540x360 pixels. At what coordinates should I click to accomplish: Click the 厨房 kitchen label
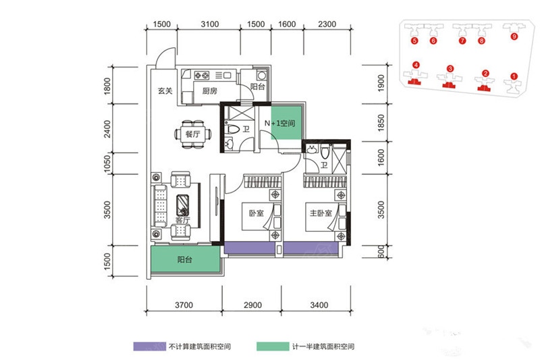click(209, 91)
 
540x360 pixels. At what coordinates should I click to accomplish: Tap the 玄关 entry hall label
click(165, 91)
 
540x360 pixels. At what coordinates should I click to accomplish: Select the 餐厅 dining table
click(193, 134)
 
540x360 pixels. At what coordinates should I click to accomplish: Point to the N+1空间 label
click(279, 123)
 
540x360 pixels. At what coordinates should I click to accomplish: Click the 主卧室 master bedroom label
click(321, 213)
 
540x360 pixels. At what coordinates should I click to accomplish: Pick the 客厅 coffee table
click(182, 205)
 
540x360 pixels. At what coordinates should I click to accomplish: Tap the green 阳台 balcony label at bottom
click(184, 259)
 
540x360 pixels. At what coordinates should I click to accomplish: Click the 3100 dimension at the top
click(209, 24)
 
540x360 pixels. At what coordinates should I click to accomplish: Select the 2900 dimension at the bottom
click(252, 305)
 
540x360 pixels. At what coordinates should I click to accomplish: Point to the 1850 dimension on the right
click(381, 123)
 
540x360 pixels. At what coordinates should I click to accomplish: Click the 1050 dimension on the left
click(107, 163)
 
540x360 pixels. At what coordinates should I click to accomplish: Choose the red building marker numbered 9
click(514, 36)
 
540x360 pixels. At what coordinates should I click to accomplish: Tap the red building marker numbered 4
click(416, 65)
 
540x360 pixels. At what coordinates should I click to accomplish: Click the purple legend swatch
click(149, 346)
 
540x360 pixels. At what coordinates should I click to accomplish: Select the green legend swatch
click(273, 346)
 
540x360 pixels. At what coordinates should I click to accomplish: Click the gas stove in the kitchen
click(202, 75)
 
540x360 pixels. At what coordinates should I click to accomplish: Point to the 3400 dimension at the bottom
click(319, 305)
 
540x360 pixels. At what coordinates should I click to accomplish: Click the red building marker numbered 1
click(514, 76)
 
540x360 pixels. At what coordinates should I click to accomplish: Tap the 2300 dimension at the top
click(327, 24)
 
